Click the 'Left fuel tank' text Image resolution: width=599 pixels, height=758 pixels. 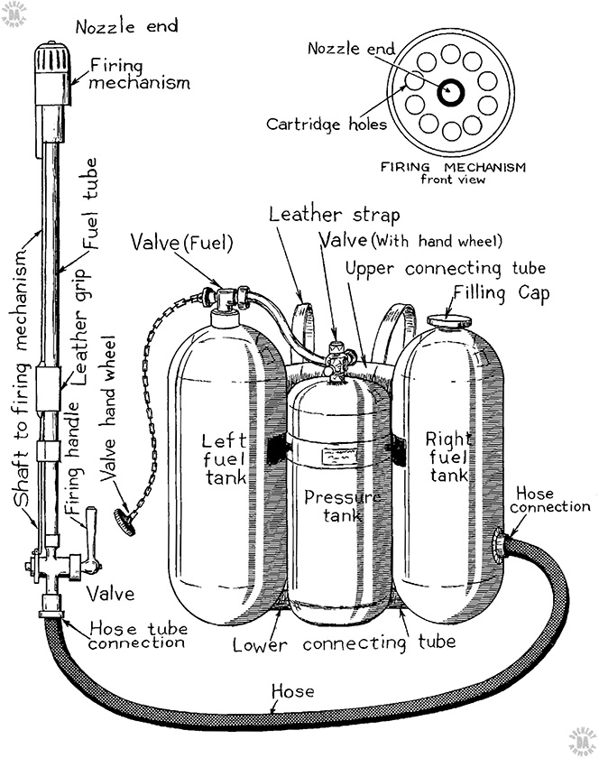218,459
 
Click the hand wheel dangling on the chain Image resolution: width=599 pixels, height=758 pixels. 124,521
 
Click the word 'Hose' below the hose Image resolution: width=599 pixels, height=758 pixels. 293,692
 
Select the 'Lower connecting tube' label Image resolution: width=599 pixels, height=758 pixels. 343,644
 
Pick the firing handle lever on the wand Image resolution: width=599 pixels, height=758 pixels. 90,532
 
